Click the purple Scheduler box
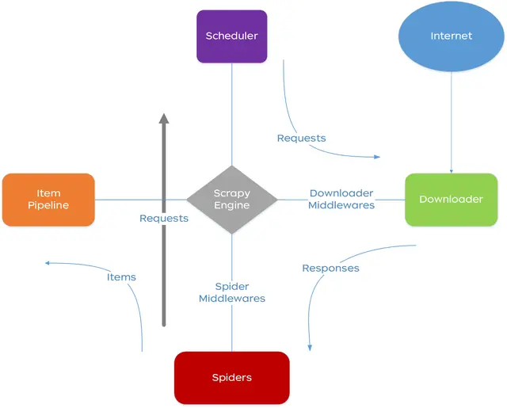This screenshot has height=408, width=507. [231, 36]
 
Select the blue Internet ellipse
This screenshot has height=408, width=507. [451, 36]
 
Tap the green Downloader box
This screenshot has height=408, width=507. [451, 199]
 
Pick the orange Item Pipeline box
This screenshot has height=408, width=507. [48, 199]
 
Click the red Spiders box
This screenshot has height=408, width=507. [231, 377]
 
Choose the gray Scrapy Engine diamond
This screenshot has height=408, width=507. [231, 200]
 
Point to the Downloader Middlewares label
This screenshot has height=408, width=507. [341, 199]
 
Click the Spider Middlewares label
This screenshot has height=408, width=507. [231, 292]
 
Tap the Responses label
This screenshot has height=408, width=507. [330, 268]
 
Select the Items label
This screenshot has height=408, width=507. [121, 276]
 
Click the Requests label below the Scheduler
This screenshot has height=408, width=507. [301, 138]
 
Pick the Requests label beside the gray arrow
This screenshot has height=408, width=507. [164, 218]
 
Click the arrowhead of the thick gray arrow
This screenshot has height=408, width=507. [164, 119]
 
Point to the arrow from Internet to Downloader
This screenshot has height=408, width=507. [452, 119]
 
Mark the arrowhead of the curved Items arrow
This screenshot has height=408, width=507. [48, 263]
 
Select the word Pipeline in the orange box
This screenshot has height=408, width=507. [48, 205]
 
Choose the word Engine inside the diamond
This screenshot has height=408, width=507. [231, 206]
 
